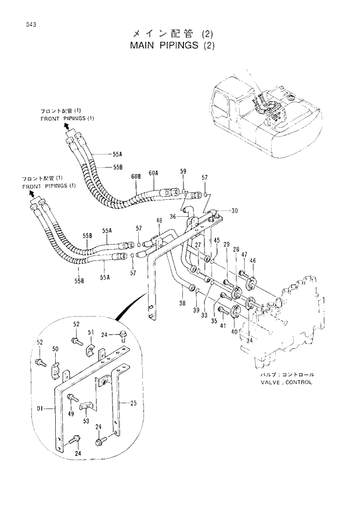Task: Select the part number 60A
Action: (153, 173)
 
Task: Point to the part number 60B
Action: (136, 175)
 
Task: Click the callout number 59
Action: (183, 171)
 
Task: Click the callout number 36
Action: (172, 217)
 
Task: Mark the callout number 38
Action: (182, 303)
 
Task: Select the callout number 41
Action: (223, 325)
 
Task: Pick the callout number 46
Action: (253, 261)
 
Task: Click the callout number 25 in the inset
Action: (132, 402)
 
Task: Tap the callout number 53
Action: (86, 421)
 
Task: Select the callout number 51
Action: (91, 332)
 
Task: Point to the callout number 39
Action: (196, 310)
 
